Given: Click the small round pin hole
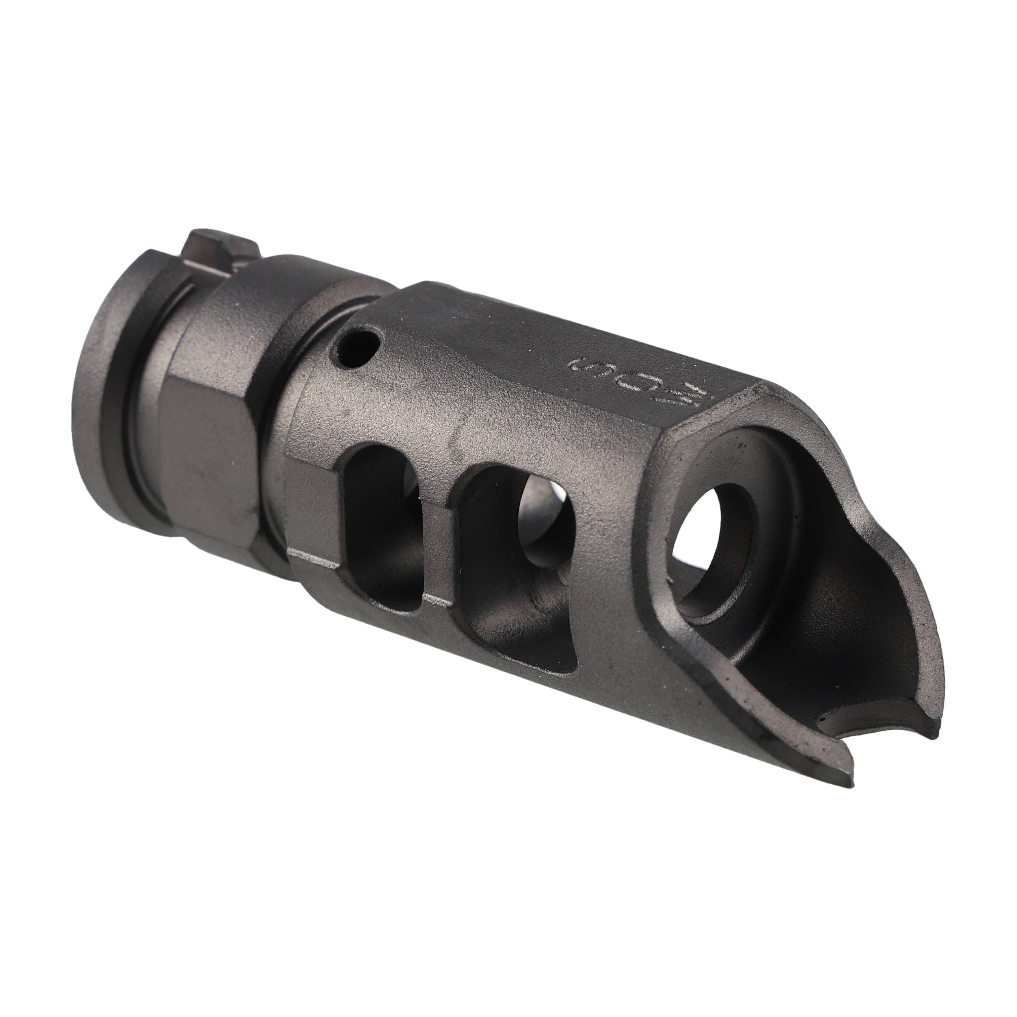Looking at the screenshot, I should click(360, 347).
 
